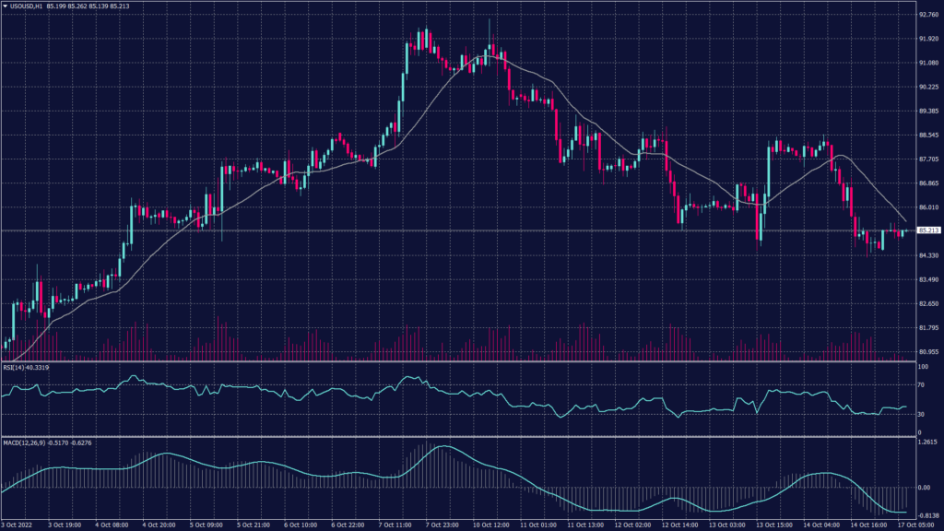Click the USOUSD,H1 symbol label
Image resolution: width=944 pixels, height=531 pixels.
30,7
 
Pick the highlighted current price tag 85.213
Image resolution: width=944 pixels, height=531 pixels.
926,230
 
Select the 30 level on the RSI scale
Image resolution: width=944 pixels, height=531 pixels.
921,414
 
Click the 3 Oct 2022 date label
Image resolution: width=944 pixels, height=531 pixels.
19,525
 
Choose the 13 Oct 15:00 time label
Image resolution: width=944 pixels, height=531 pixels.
774,525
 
